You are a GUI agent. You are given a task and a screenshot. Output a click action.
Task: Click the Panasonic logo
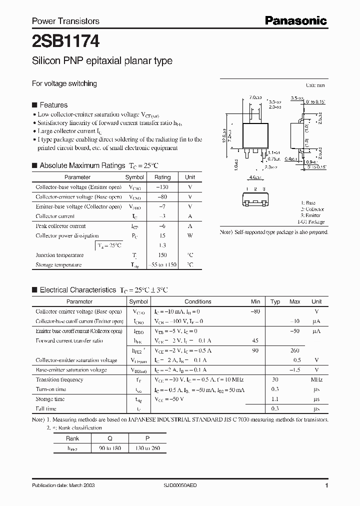[295, 20]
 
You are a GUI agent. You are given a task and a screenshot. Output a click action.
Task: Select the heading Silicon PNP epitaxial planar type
[102, 61]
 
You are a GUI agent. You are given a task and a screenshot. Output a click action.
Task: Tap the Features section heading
[53, 105]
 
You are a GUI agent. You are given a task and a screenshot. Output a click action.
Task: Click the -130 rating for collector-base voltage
[162, 187]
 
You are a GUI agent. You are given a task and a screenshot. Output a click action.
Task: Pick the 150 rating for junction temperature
[162, 255]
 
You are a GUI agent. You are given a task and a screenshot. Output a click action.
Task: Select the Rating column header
[162, 177]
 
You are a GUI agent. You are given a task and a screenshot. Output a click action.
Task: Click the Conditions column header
[198, 301]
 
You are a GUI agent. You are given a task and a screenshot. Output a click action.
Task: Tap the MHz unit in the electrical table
[316, 379]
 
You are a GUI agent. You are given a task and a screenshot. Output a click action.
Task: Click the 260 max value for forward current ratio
[294, 350]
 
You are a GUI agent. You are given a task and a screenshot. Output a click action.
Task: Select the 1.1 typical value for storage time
[275, 399]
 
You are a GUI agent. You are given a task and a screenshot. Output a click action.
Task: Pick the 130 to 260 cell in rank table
[147, 448]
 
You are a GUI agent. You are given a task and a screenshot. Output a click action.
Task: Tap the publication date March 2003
[63, 485]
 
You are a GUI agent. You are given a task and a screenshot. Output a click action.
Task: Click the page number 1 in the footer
[326, 485]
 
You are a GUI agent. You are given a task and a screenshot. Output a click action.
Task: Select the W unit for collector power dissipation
[190, 235]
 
